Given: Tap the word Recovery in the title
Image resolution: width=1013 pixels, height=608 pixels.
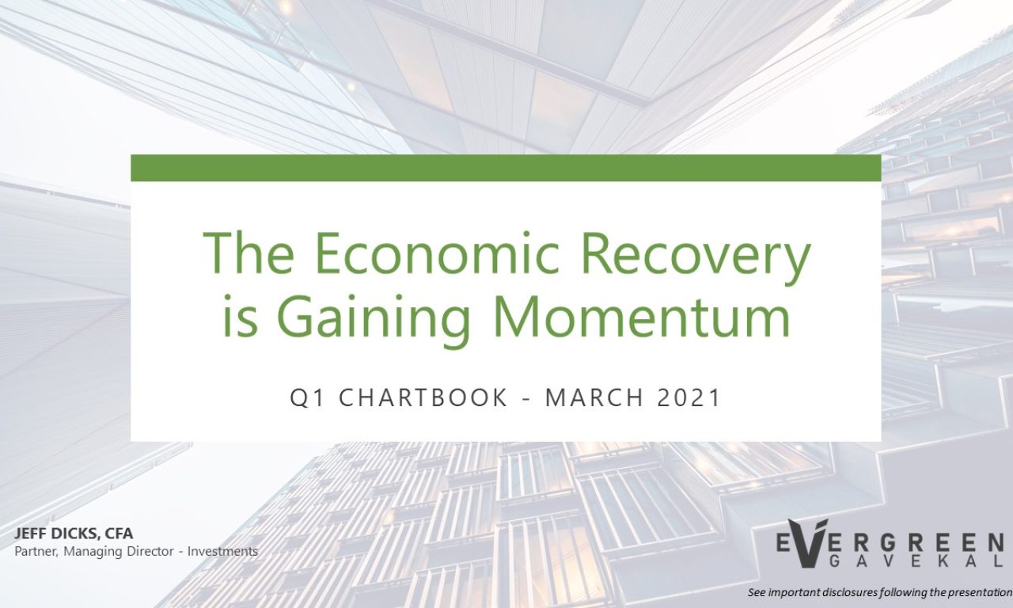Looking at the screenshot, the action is point(695,258).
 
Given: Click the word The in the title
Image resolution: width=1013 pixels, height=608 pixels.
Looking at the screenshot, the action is point(248,253).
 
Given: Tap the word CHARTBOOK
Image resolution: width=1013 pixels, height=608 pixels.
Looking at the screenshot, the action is point(423,397).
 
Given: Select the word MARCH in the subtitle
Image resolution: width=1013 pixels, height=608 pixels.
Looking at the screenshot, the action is point(594,397).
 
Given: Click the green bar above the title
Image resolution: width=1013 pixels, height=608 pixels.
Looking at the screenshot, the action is point(506,168).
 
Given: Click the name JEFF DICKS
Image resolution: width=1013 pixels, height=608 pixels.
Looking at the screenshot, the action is point(55,534).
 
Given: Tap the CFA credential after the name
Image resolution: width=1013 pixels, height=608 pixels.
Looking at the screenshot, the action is point(119,534).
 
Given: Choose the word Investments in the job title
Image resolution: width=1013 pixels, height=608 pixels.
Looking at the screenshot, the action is point(222,552).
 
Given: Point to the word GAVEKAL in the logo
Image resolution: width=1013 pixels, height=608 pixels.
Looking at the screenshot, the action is point(914,561).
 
